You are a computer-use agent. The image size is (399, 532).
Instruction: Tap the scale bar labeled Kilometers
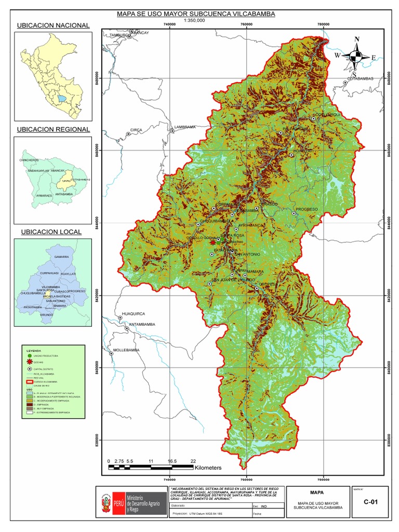[151, 468]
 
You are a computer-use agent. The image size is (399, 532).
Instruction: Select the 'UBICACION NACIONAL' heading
[53, 25]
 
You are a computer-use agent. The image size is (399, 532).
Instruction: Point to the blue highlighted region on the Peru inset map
[62, 98]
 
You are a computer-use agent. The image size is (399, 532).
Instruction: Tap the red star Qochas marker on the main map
[213, 242]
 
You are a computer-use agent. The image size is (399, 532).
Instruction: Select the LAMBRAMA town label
[185, 127]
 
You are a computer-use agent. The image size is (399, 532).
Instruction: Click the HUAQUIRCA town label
[132, 314]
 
